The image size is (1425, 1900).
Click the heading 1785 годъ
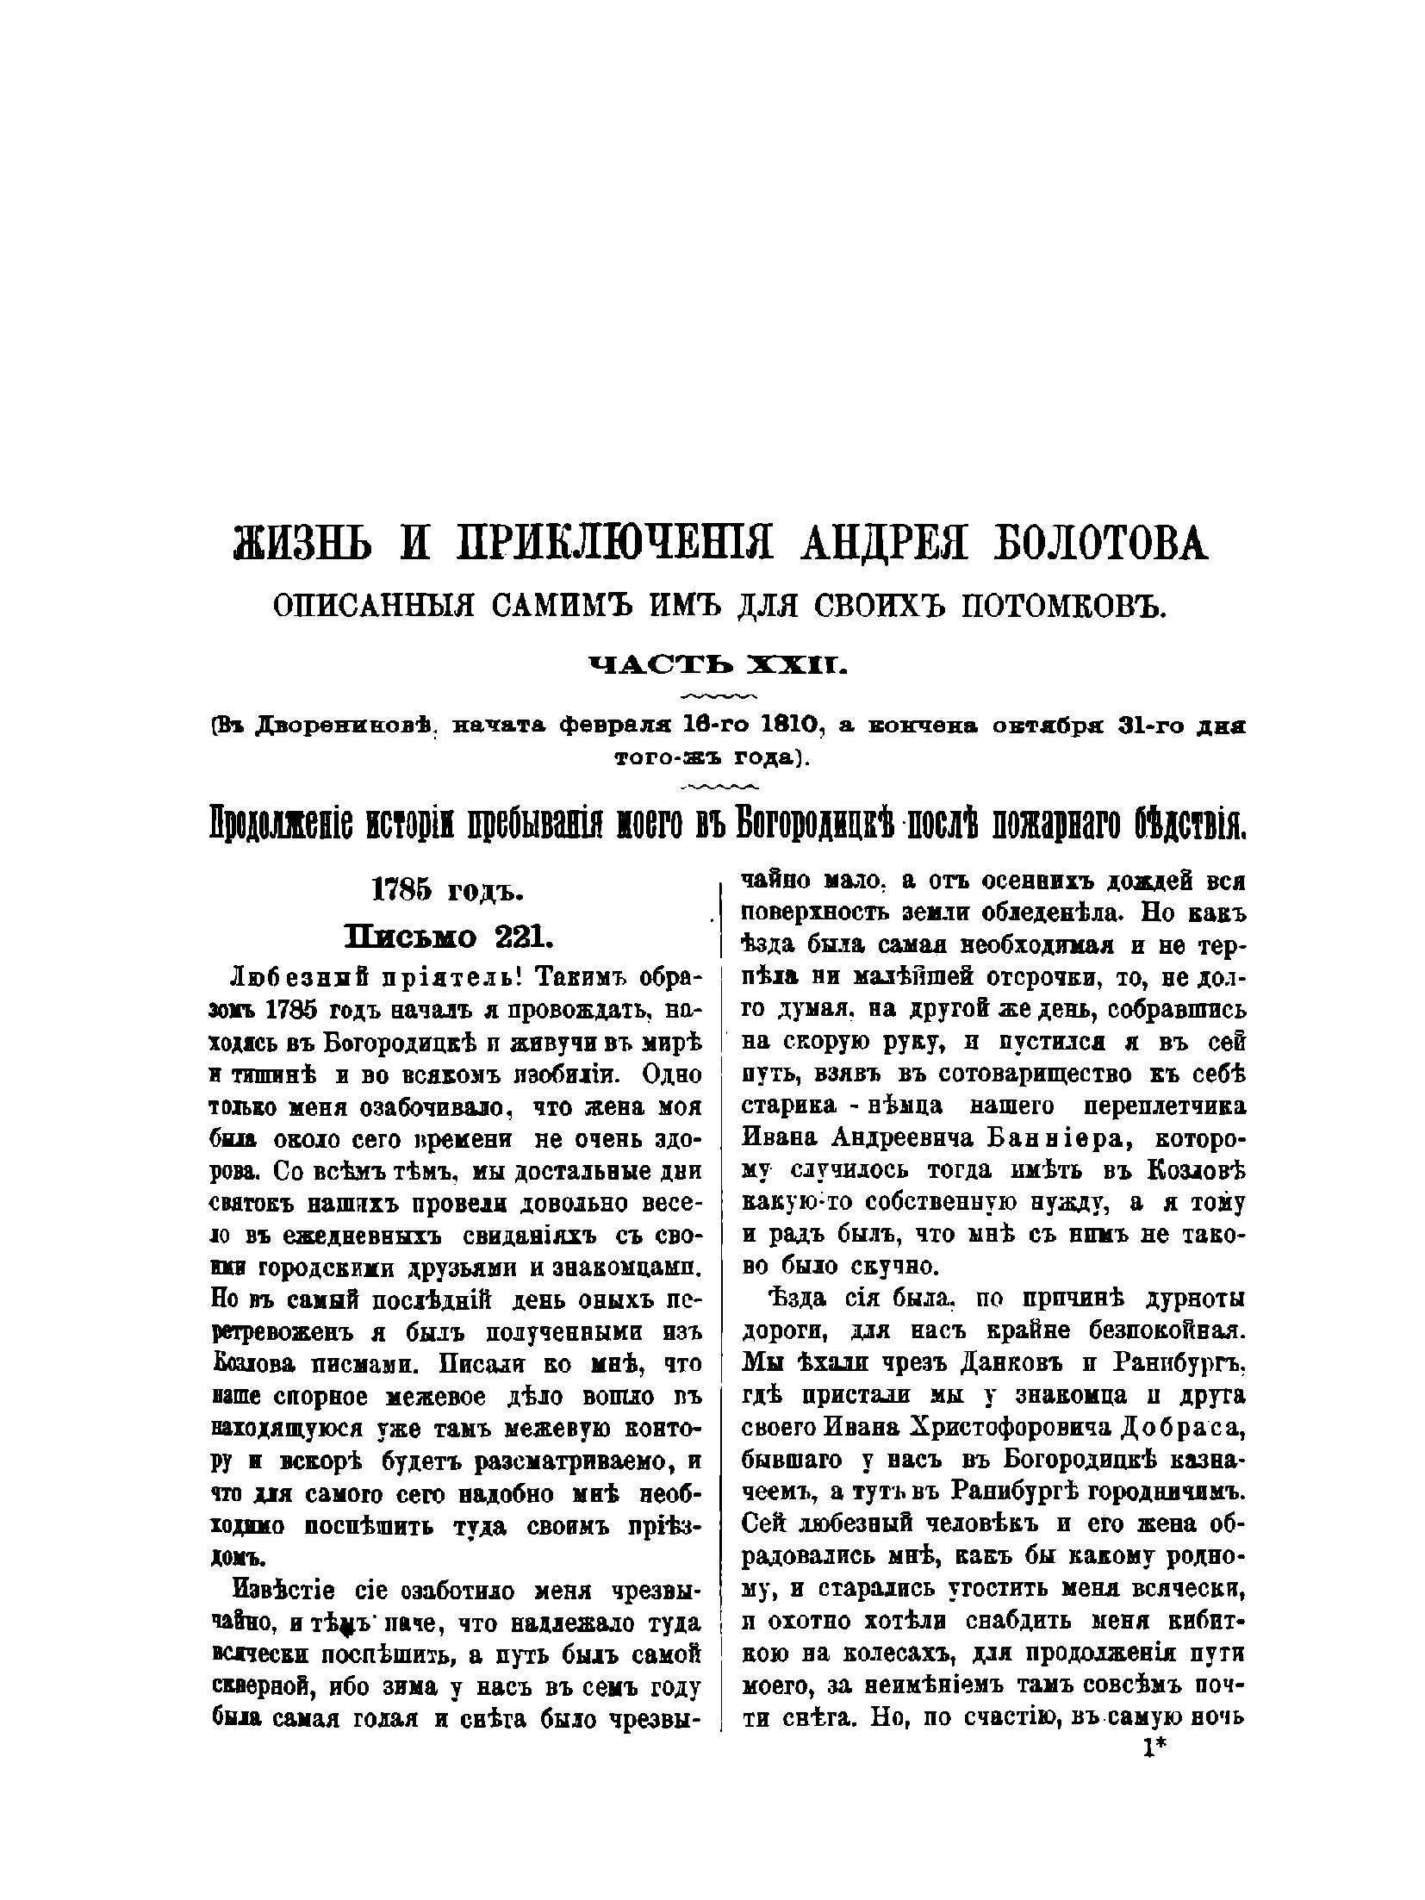coord(446,891)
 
